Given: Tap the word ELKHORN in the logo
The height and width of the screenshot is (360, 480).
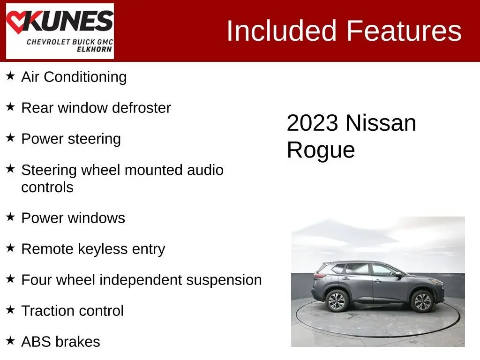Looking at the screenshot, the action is point(94,49).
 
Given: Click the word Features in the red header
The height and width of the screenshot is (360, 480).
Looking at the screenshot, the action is point(404,30).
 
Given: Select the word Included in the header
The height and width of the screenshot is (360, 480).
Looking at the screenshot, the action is point(281,30).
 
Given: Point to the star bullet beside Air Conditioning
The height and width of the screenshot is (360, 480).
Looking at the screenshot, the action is point(10,75).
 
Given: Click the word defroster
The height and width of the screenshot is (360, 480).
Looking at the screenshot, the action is point(142,108).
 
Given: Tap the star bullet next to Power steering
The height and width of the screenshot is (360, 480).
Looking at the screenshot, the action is point(10,138).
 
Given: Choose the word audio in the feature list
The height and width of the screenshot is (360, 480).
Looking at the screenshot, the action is point(205,170).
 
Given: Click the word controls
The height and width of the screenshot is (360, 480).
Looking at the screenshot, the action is point(47,187).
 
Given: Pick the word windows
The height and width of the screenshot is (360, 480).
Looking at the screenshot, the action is point(97,218).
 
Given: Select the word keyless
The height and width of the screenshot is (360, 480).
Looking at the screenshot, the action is point(103,249).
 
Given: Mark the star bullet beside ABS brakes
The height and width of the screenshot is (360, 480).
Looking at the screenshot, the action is point(10,340).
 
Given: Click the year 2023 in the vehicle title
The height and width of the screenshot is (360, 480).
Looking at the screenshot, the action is point(313,123).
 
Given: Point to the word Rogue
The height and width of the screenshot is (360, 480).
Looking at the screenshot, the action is point(321,150).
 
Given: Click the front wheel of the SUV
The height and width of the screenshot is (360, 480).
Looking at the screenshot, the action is point(422,301).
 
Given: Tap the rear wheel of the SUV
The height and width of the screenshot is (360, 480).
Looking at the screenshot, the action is point(337,301).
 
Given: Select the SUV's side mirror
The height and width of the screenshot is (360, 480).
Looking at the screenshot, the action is point(398,275).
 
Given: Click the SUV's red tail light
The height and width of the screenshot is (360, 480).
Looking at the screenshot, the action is point(320,276).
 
